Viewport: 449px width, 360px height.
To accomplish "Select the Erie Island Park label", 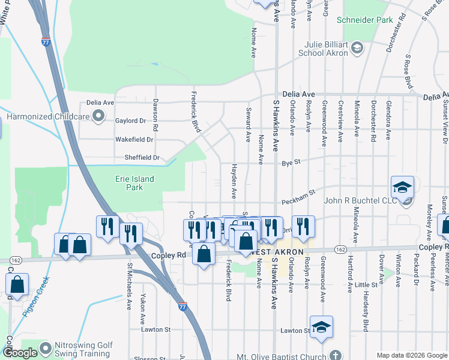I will coord(134,183).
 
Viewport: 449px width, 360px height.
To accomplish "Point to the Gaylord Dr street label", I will coord(130,121).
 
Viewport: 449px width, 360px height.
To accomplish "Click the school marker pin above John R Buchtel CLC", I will coord(402,187).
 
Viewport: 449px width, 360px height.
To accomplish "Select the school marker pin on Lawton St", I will coord(321,326).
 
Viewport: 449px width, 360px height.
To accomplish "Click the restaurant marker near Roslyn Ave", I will coord(303,226).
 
